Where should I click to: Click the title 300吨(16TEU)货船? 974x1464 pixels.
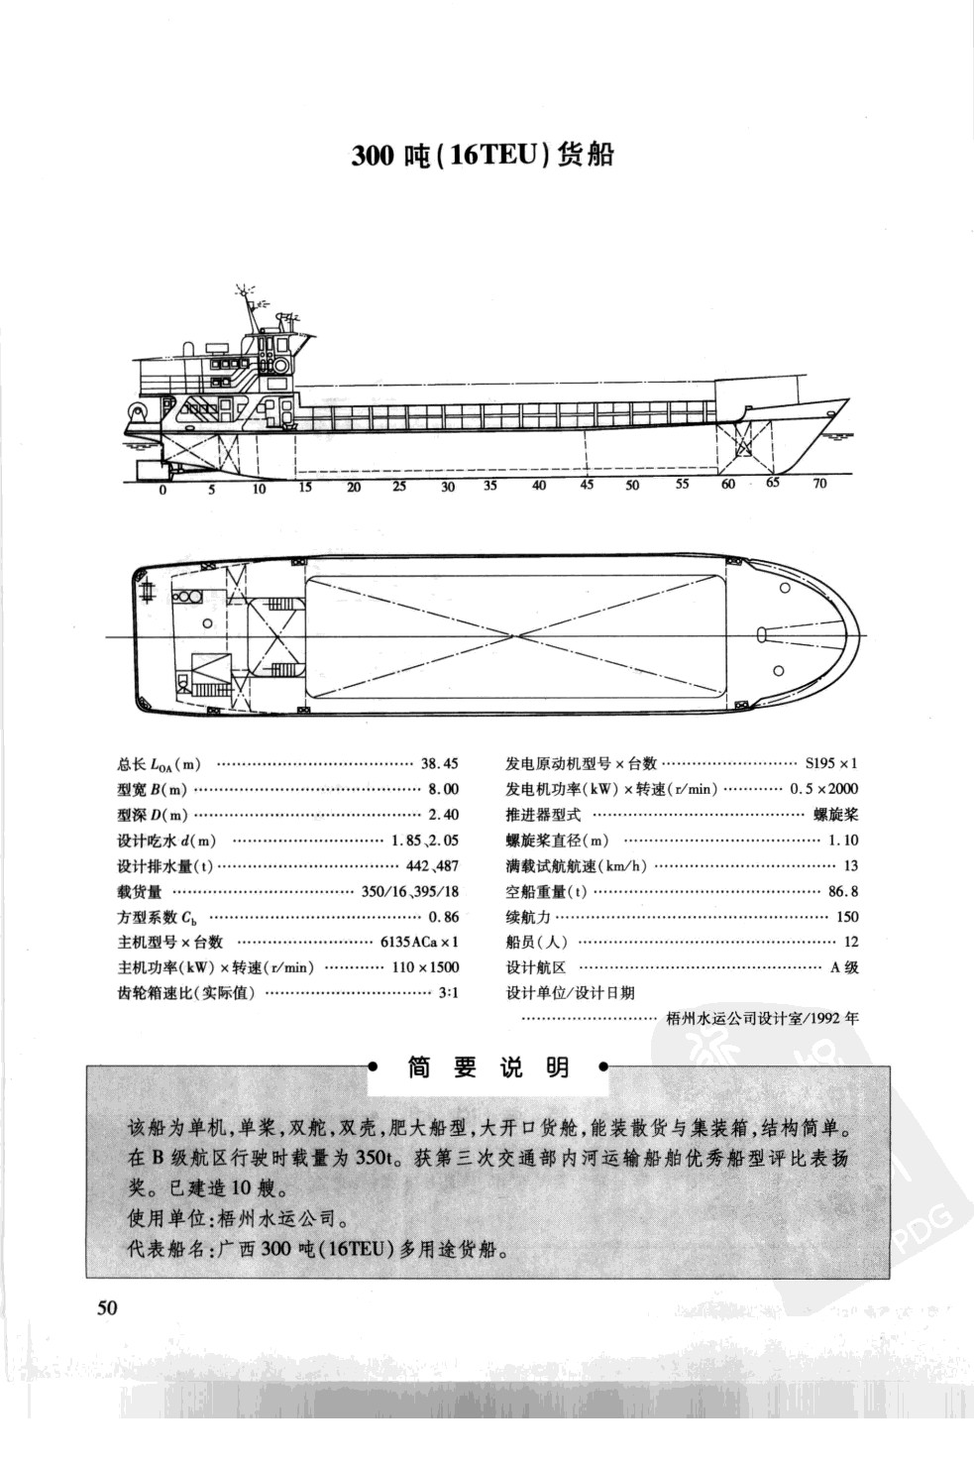point(483,156)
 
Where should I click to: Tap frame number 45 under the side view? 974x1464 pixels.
point(587,486)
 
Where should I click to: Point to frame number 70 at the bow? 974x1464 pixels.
point(818,485)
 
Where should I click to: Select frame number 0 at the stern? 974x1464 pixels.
point(163,489)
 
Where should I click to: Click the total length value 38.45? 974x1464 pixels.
point(440,764)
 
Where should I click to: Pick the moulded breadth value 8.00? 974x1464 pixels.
point(443,790)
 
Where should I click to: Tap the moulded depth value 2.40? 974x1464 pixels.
point(443,815)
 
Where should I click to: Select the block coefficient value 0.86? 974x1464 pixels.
point(443,917)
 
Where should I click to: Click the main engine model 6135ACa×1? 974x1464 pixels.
point(419,942)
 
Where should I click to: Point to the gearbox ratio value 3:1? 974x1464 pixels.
point(448,992)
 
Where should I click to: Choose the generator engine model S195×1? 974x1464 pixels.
point(830,764)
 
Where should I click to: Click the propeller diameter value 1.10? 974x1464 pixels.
point(842,841)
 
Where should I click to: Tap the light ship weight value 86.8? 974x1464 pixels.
point(843,891)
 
